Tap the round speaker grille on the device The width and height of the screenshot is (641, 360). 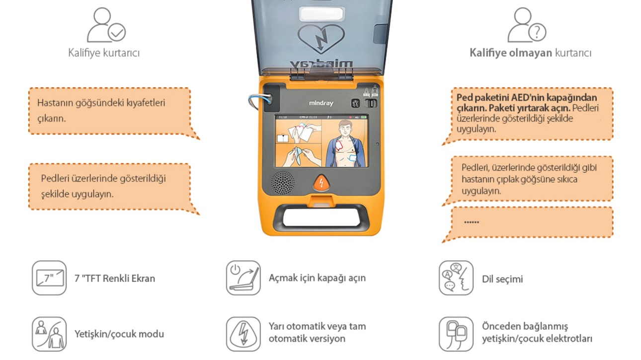pyautogui.click(x=283, y=183)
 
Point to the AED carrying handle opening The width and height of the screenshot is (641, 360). pyautogui.click(x=321, y=217)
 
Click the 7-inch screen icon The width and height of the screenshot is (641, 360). pyautogui.click(x=49, y=278)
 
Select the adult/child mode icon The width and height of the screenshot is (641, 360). pyautogui.click(x=49, y=334)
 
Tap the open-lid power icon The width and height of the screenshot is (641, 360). pyautogui.click(x=243, y=278)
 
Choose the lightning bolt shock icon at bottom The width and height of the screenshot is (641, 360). pyautogui.click(x=243, y=334)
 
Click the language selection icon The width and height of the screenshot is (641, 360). pyautogui.click(x=456, y=278)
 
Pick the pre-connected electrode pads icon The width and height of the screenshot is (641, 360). pyautogui.click(x=456, y=334)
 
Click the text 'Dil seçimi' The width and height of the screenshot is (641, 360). pyautogui.click(x=502, y=279)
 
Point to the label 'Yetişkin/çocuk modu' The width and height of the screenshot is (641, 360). pyautogui.click(x=119, y=334)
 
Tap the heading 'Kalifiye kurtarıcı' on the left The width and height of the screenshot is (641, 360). pyautogui.click(x=104, y=53)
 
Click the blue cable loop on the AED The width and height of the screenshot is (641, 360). pyautogui.click(x=255, y=101)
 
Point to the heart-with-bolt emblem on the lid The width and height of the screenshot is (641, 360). pyautogui.click(x=321, y=39)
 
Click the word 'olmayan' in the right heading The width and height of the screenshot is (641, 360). pyautogui.click(x=532, y=53)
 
